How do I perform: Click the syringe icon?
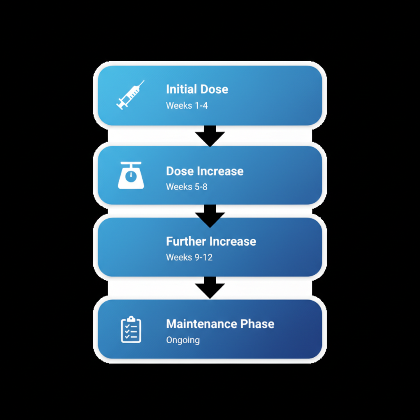click(x=130, y=95)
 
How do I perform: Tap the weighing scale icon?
click(x=131, y=175)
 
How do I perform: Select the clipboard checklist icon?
click(x=131, y=329)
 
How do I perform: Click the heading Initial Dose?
click(x=197, y=89)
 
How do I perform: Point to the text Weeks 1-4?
click(x=187, y=106)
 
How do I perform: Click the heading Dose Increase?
click(x=205, y=171)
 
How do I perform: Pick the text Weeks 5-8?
click(x=187, y=187)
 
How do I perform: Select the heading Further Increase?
click(x=211, y=241)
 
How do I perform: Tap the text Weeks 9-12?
click(x=189, y=258)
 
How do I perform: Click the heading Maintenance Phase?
click(x=220, y=324)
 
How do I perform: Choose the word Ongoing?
click(x=183, y=340)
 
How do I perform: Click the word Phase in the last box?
click(x=257, y=324)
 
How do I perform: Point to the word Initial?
click(x=181, y=89)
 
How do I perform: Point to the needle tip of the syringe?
click(x=143, y=82)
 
